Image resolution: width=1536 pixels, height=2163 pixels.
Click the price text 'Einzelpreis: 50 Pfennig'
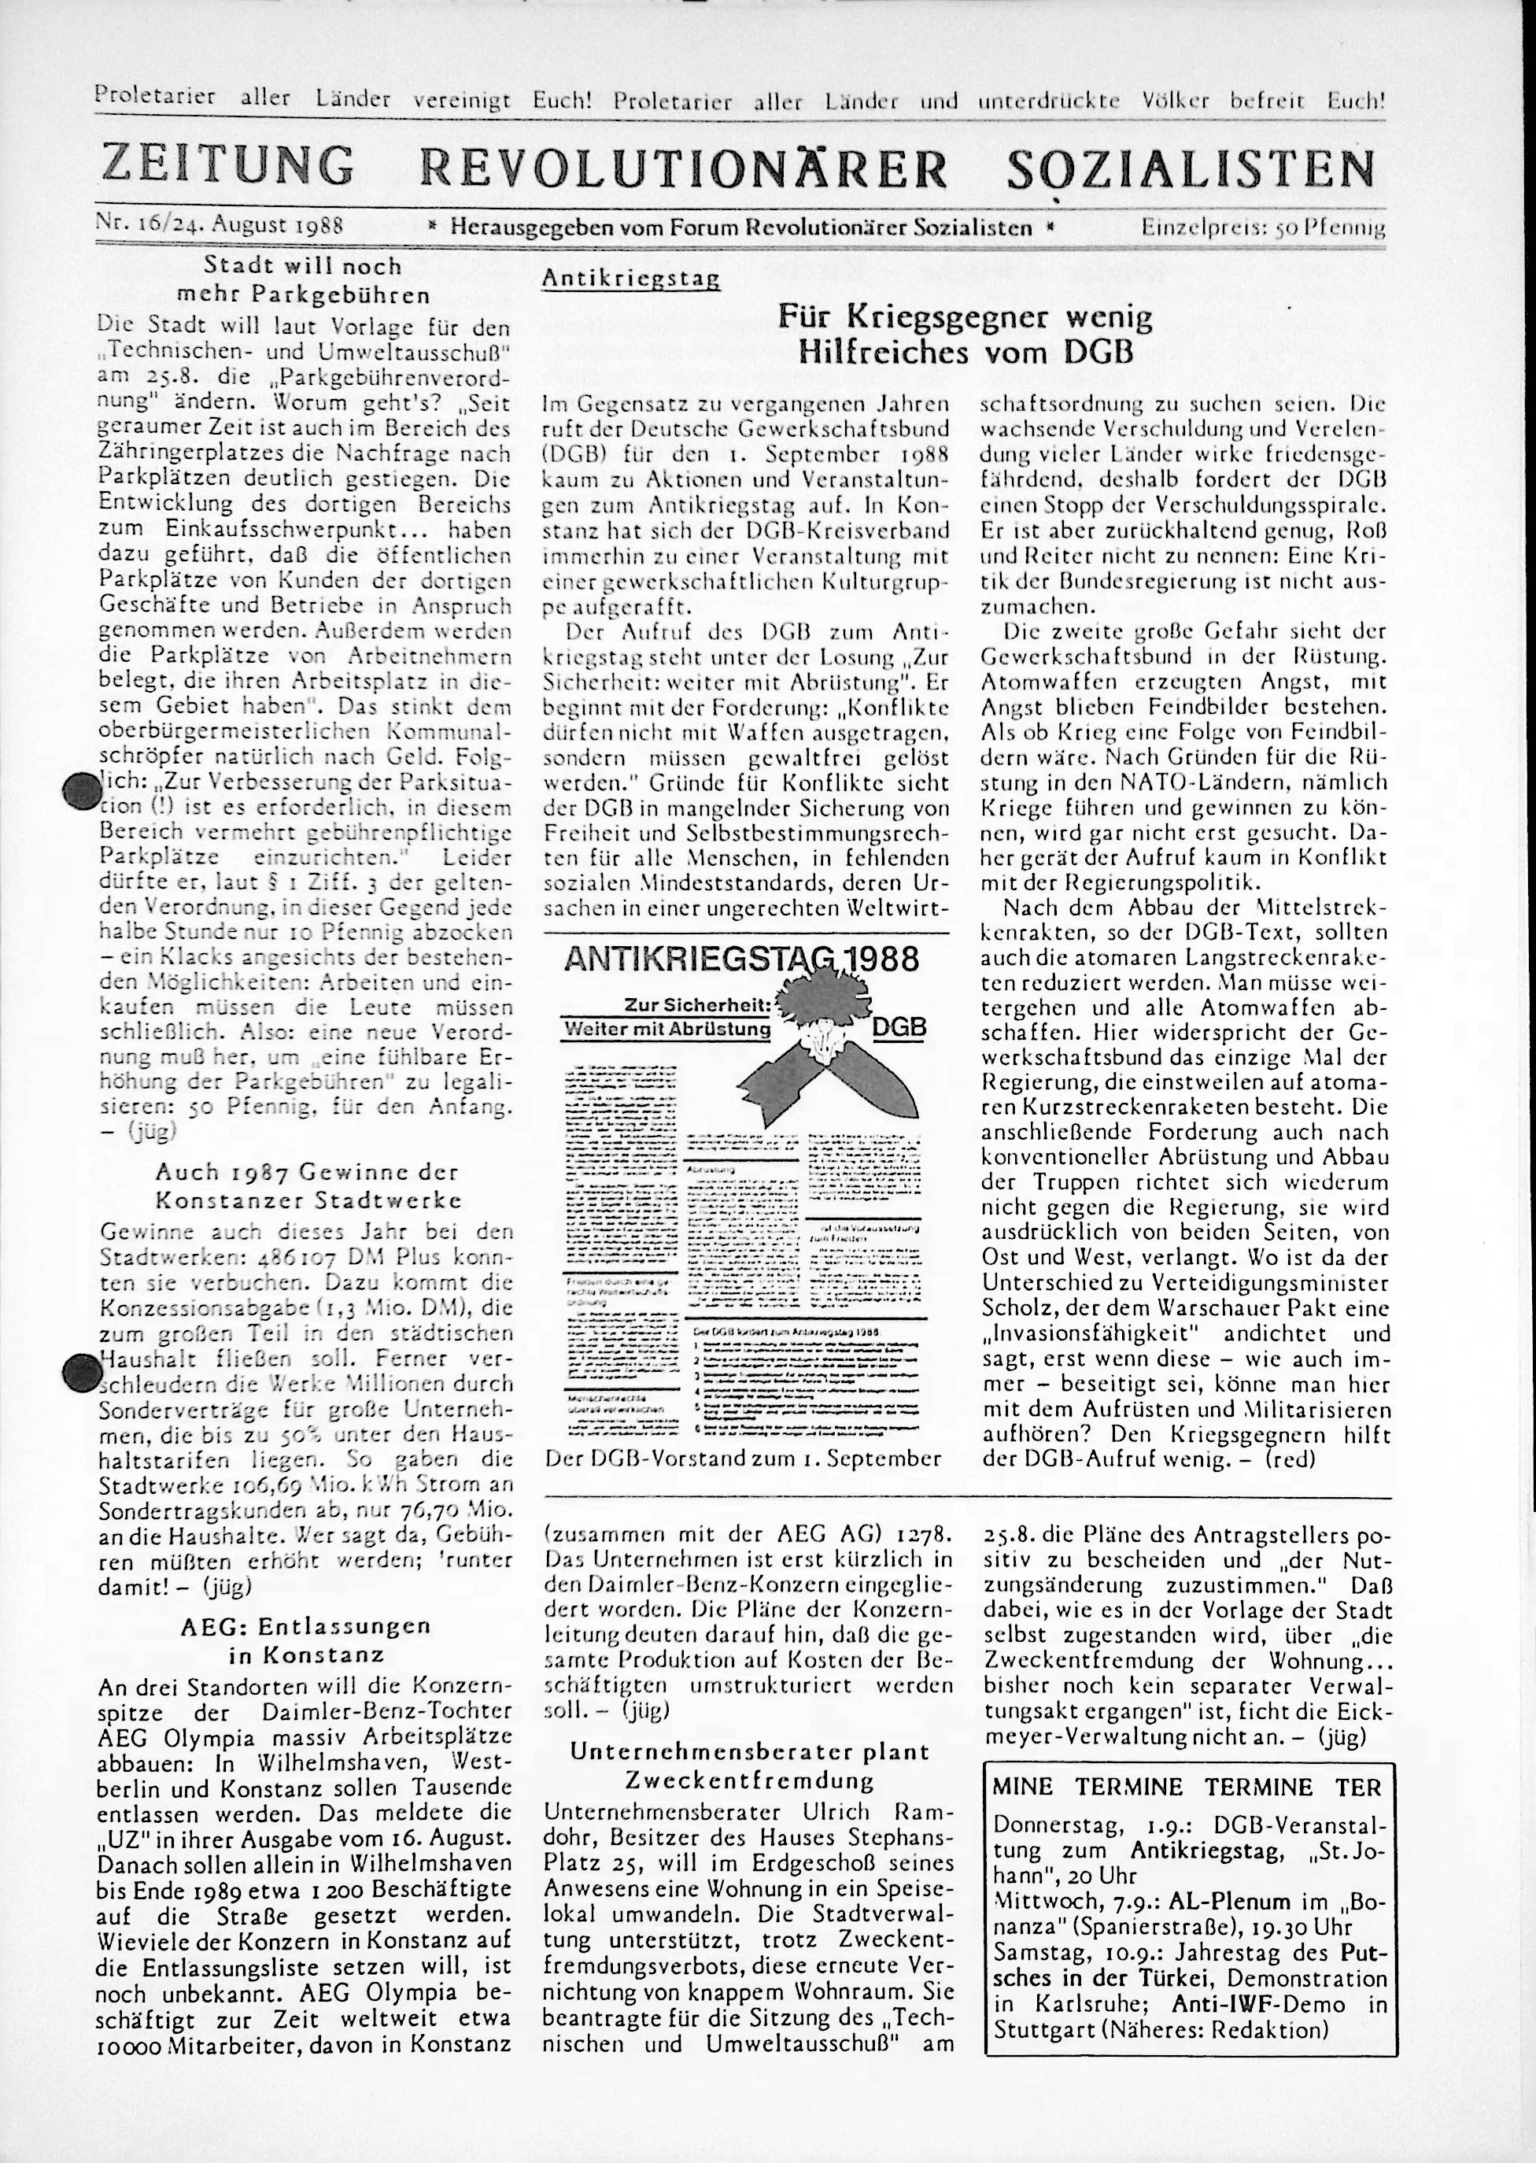[x=1263, y=227]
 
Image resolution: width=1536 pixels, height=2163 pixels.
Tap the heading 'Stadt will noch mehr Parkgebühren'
[x=303, y=280]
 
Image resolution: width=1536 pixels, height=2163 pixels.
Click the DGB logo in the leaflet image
[x=899, y=1027]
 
